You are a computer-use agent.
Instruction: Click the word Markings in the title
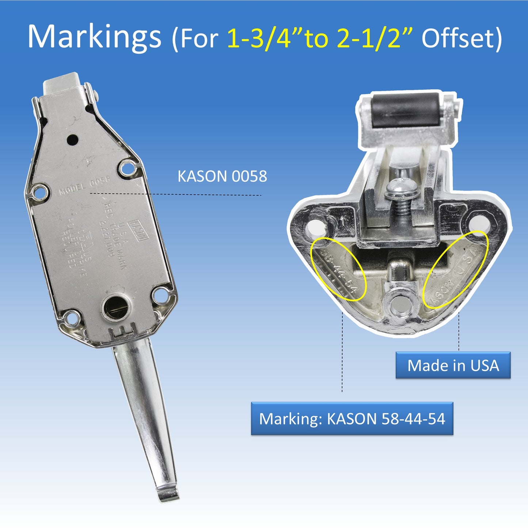click(94, 37)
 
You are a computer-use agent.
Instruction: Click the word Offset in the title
click(457, 38)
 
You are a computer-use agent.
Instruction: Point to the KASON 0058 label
click(222, 176)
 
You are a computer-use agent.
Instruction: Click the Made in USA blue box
click(453, 365)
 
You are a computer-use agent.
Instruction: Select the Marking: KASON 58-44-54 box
click(352, 418)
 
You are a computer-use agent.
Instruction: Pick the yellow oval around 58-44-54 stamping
click(338, 269)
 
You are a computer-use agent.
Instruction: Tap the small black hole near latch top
click(72, 139)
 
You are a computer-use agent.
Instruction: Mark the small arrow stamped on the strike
click(342, 220)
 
